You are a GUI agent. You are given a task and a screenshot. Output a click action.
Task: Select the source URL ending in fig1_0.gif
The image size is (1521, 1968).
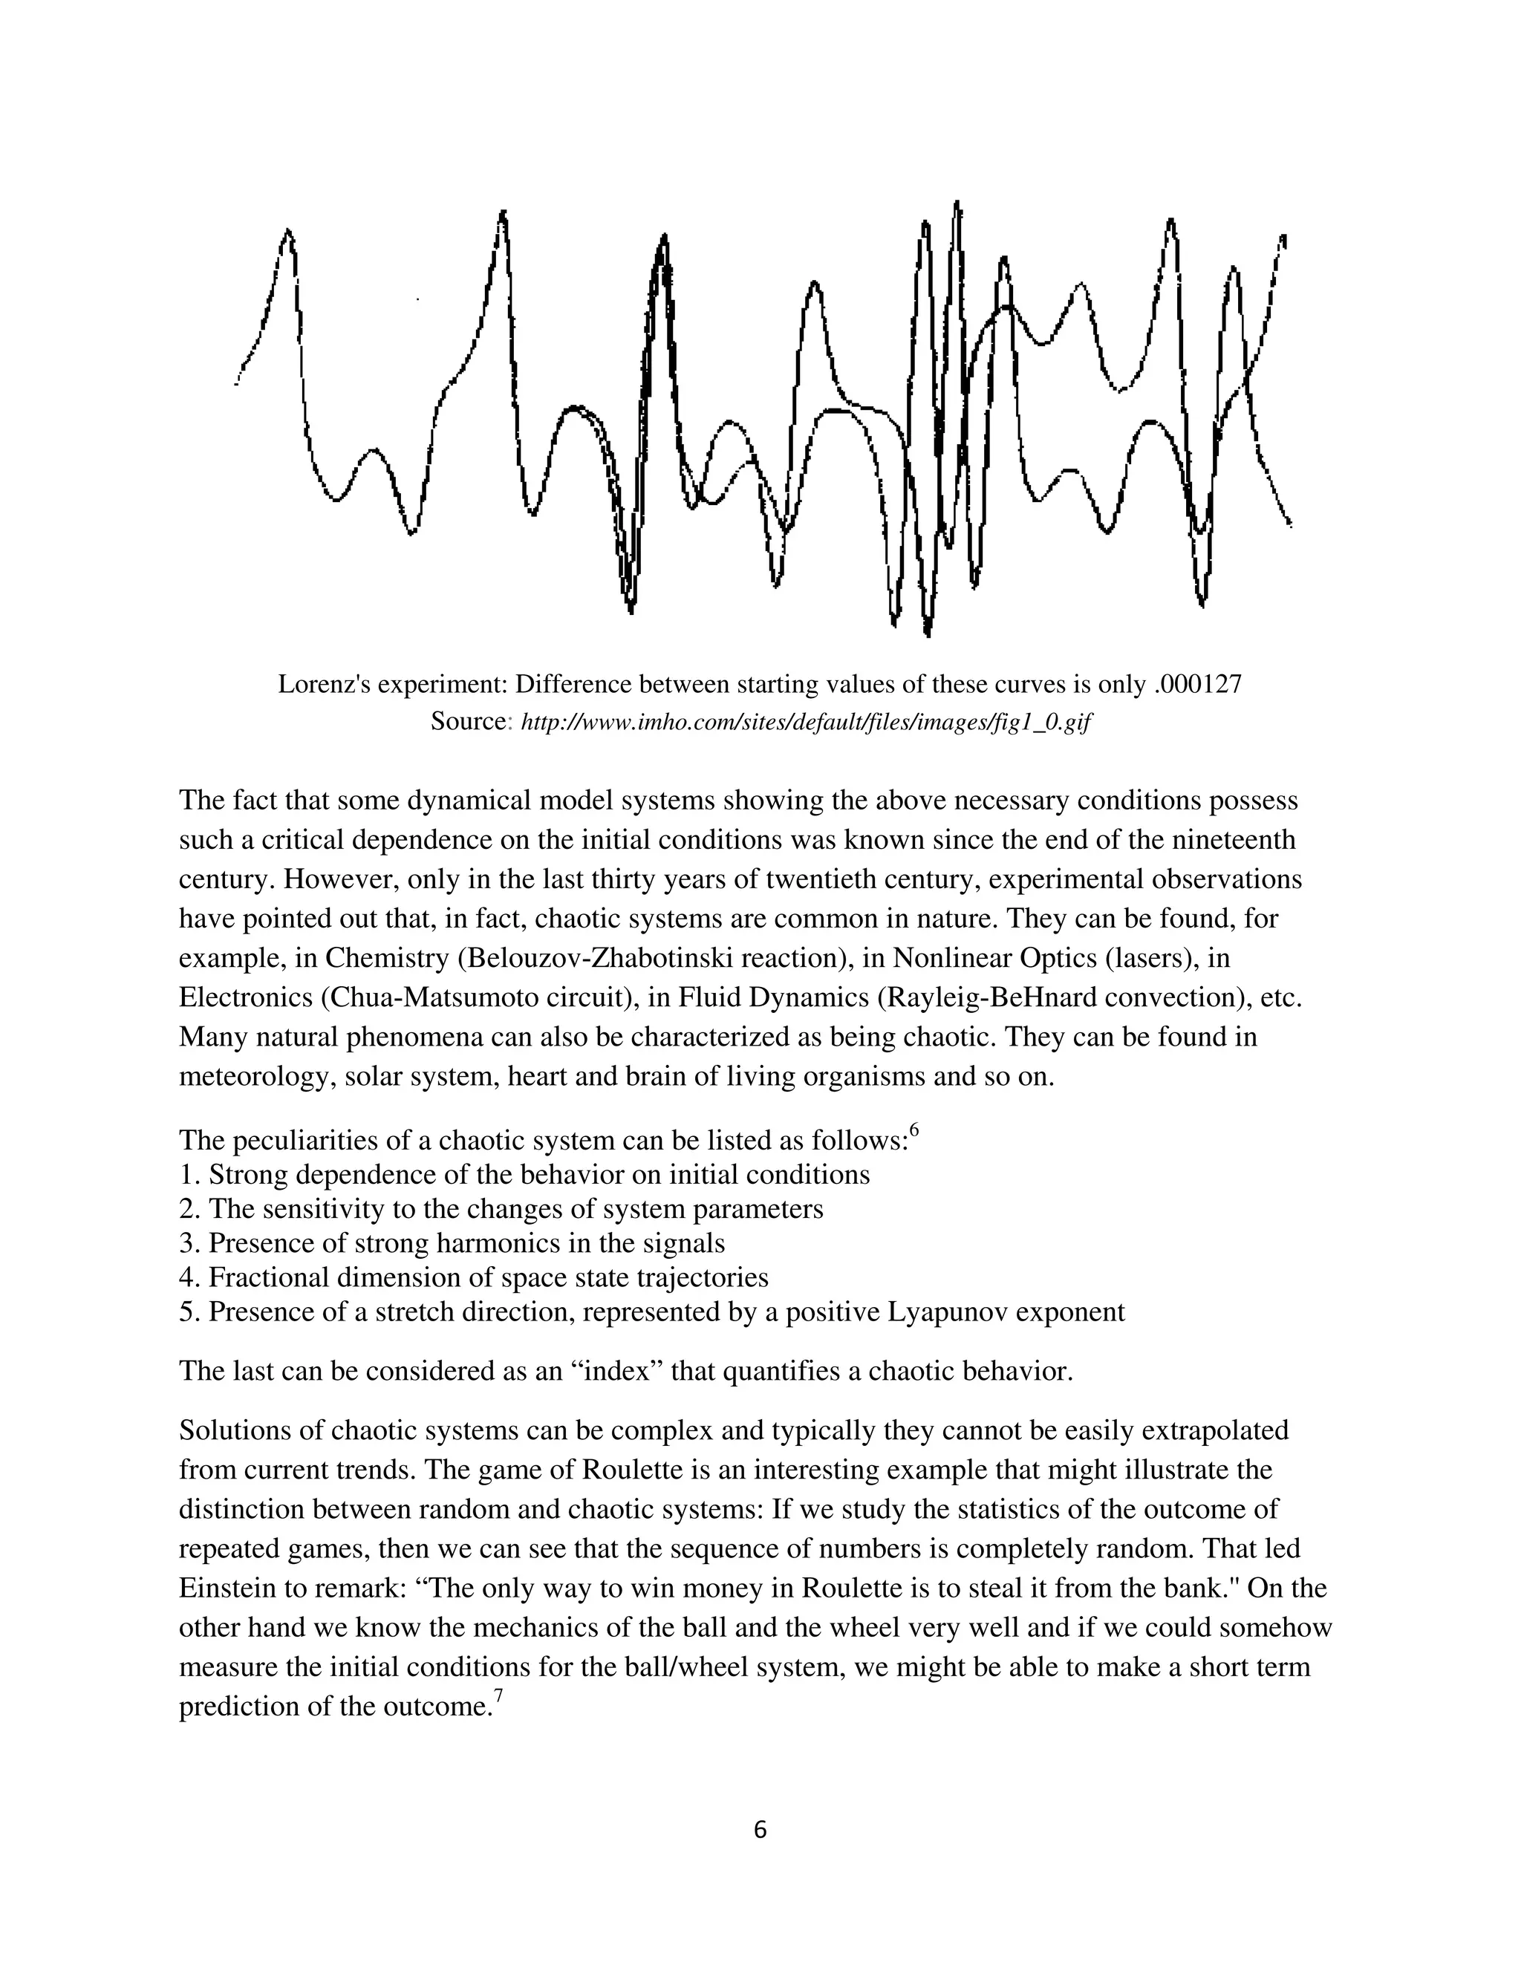807,723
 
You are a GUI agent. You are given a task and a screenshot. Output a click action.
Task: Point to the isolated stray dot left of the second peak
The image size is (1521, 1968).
417,299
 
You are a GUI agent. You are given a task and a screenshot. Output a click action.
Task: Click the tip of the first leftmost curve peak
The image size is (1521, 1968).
287,232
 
